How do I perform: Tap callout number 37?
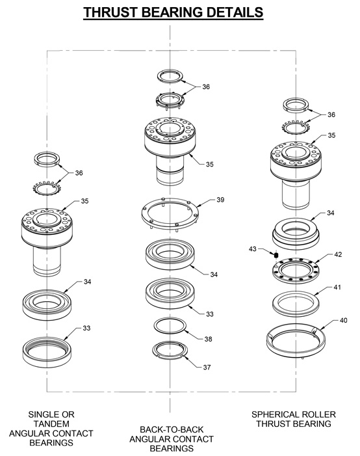coord(207,368)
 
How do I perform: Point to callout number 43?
coord(253,248)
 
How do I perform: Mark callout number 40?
coord(344,321)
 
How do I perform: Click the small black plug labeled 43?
coord(275,254)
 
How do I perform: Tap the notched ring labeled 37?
coord(170,350)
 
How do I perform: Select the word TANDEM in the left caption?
coord(51,423)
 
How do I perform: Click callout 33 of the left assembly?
coord(86,328)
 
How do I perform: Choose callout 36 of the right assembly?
coord(331,114)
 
